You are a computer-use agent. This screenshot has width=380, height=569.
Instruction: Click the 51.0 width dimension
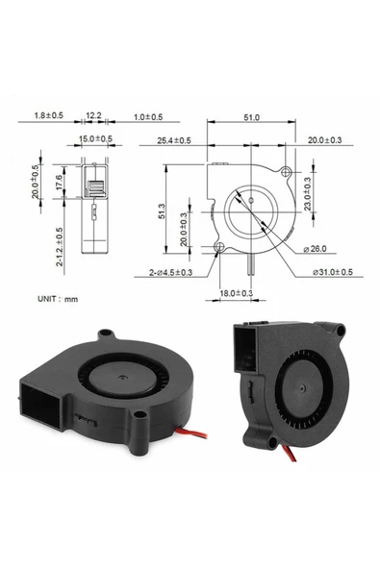point(250,116)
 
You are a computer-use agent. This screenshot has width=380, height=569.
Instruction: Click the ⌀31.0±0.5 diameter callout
point(332,273)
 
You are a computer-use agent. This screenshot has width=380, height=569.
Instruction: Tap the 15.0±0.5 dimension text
point(95,139)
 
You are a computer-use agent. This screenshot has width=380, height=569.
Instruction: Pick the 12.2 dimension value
point(93,116)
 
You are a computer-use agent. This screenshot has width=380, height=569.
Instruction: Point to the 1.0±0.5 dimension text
point(147,116)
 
